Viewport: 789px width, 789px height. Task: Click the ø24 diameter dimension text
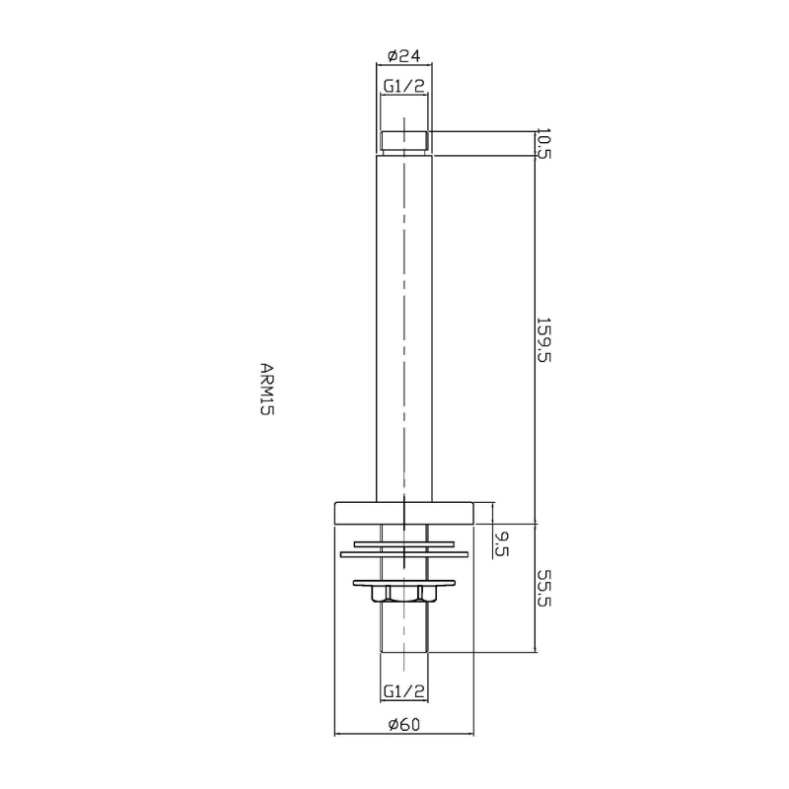pyautogui.click(x=404, y=55)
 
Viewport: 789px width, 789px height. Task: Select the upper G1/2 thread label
pyautogui.click(x=404, y=86)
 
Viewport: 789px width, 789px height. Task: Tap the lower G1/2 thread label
pyautogui.click(x=404, y=691)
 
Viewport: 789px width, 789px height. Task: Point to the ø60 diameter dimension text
pyautogui.click(x=404, y=725)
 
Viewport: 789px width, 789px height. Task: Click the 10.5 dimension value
pyautogui.click(x=544, y=144)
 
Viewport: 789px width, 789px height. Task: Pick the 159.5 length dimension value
pyautogui.click(x=544, y=339)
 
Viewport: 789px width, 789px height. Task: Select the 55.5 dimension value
pyautogui.click(x=544, y=588)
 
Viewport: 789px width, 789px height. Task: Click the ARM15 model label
pyautogui.click(x=266, y=389)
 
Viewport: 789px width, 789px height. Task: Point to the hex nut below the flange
pyautogui.click(x=404, y=594)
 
